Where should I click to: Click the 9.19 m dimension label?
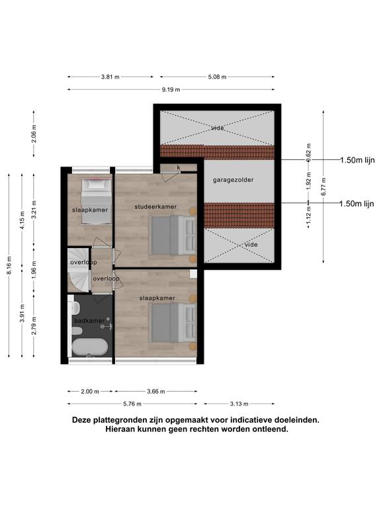tap(171, 90)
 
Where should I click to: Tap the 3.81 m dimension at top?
tap(110, 77)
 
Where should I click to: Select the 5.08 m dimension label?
tap(217, 77)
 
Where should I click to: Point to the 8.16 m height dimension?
tap(9, 265)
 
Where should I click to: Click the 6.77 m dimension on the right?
tap(323, 187)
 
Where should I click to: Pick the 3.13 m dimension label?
tap(239, 404)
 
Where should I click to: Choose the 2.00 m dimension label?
tap(90, 392)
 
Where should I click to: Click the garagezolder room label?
tap(233, 180)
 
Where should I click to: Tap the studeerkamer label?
tap(155, 206)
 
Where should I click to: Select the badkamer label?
tap(89, 321)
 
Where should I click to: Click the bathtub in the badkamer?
tap(90, 347)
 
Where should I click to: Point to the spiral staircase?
tap(79, 270)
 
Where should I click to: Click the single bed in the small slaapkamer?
tap(96, 201)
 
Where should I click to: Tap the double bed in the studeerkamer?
tap(173, 235)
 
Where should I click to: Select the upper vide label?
tap(218, 128)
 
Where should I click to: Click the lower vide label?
tap(251, 245)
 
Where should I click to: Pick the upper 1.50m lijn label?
tap(357, 160)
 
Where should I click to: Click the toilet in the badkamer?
tap(77, 331)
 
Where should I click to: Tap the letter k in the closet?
tap(179, 167)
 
